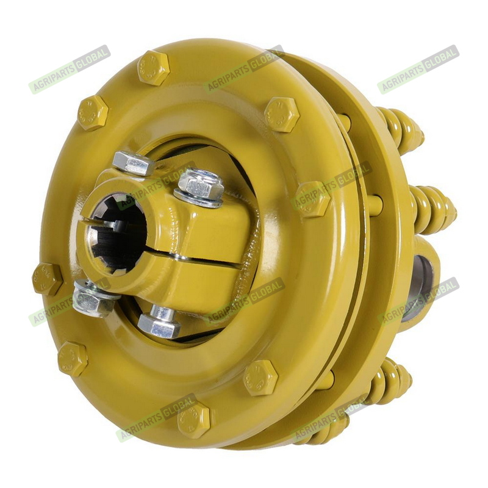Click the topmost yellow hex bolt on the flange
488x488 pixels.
point(154,68)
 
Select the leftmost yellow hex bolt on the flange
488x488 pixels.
point(48,279)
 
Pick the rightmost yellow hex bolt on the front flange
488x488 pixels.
point(313,199)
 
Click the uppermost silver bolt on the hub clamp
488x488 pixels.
point(133,163)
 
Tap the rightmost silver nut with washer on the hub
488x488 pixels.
point(199,188)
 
